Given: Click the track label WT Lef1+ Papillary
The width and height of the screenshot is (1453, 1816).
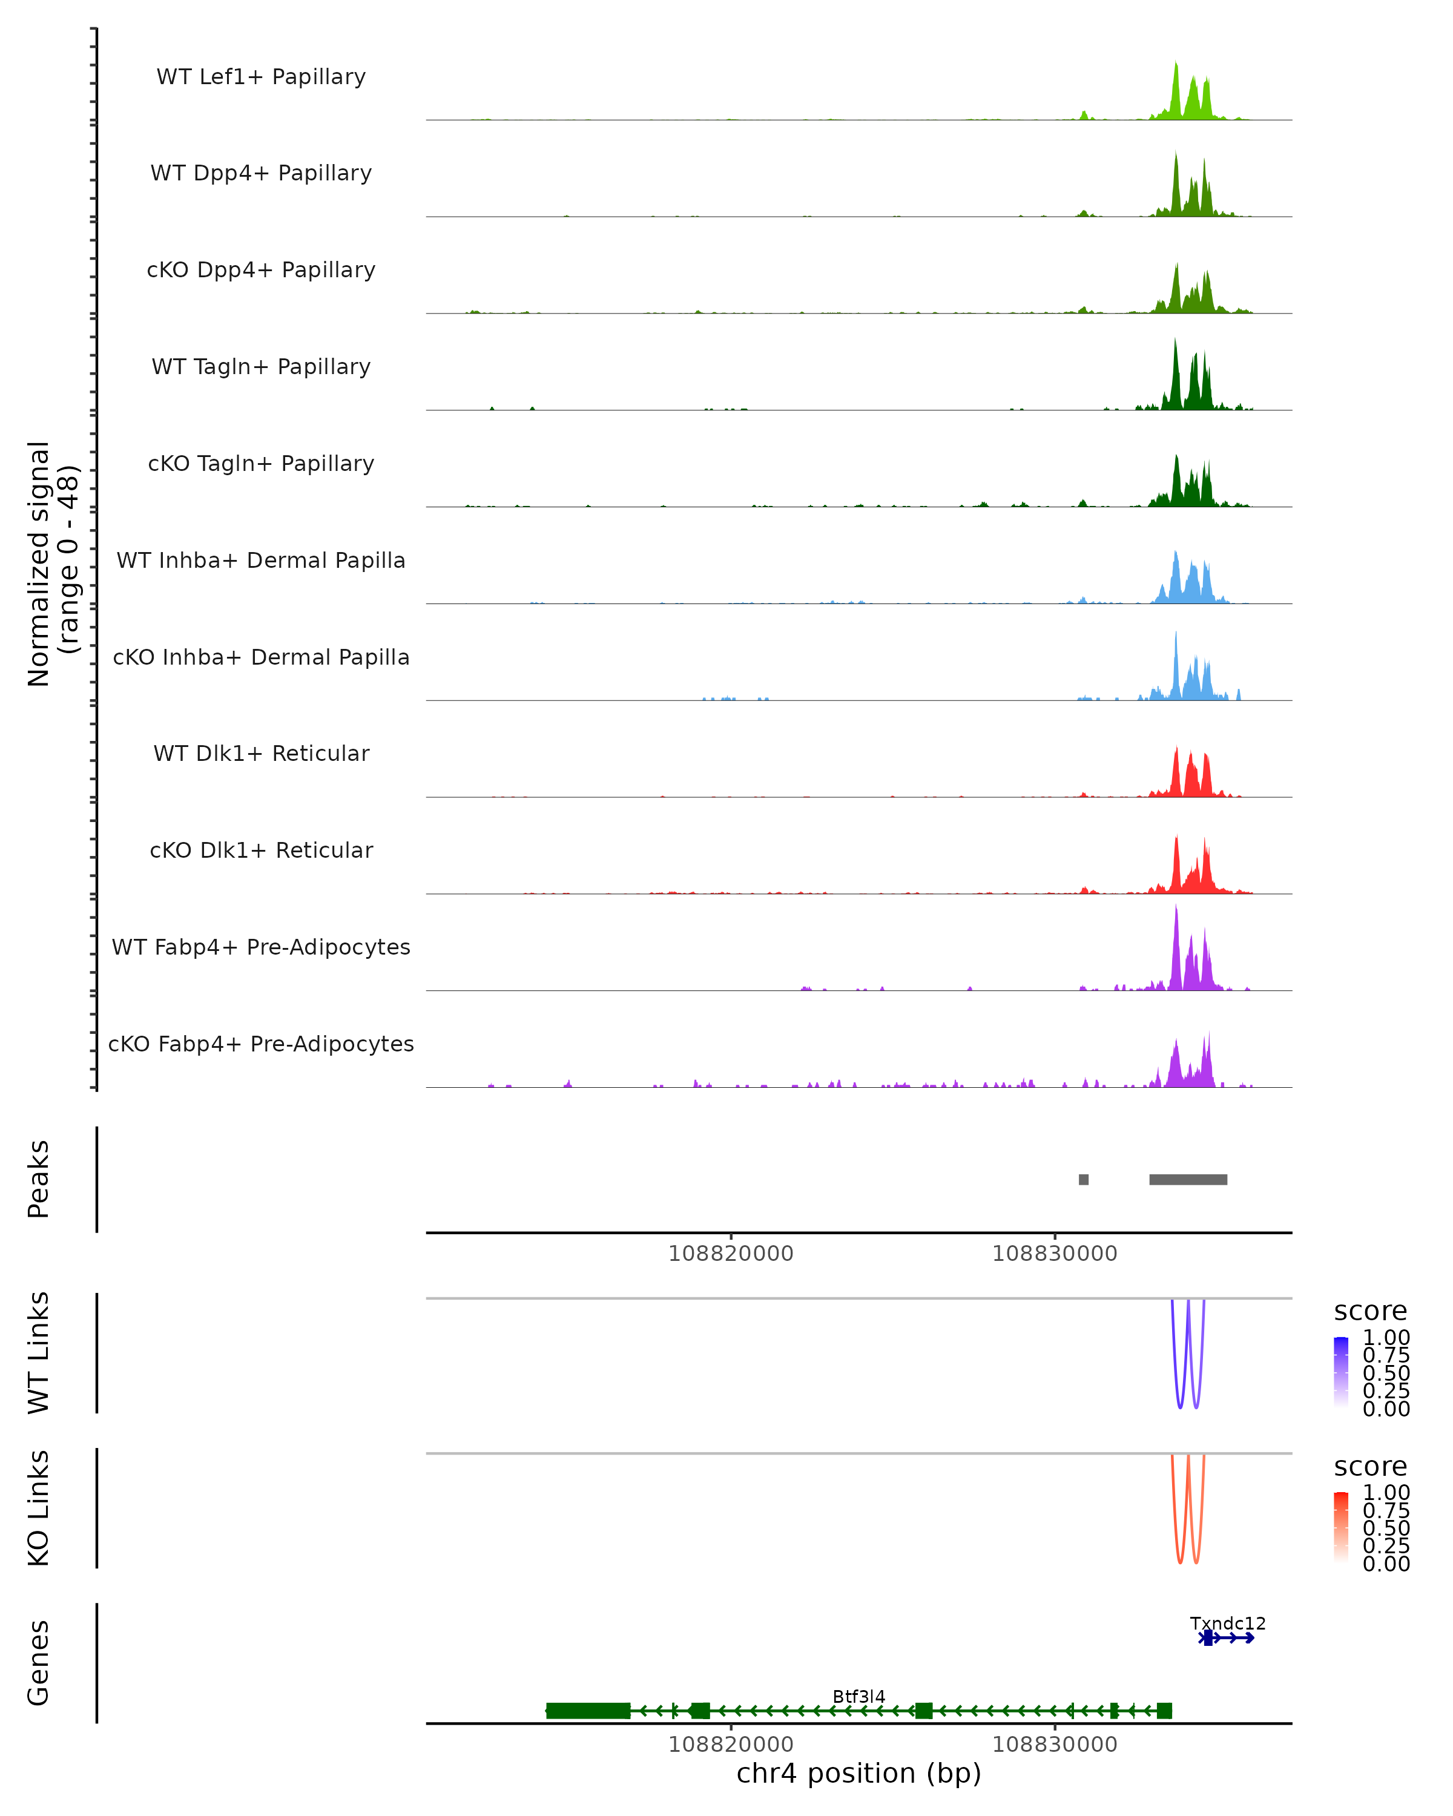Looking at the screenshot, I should click(x=261, y=77).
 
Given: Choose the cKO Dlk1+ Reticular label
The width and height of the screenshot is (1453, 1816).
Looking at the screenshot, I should click(x=261, y=850).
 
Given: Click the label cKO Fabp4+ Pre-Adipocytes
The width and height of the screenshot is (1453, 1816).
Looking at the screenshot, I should click(x=261, y=1044).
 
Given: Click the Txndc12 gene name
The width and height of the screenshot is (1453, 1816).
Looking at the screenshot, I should click(x=1227, y=1623).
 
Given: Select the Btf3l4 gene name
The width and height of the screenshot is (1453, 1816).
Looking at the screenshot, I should click(x=858, y=1696).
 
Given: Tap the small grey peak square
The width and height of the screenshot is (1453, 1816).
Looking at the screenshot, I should click(x=1083, y=1179).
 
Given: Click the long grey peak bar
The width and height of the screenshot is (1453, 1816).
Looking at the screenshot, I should click(x=1188, y=1179).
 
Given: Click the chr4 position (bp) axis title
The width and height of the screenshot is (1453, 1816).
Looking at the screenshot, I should click(x=858, y=1773).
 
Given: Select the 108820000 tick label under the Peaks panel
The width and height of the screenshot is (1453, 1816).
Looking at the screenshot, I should click(x=730, y=1254).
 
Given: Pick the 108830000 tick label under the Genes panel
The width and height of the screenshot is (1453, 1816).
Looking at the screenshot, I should click(x=1055, y=1743).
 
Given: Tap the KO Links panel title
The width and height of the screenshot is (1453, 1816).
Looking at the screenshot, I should click(x=39, y=1508).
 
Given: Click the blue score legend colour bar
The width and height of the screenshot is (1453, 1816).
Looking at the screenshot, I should click(x=1341, y=1371).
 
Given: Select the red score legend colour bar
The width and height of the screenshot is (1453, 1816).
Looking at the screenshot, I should click(x=1341, y=1527).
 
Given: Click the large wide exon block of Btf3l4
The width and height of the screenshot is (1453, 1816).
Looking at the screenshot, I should click(x=588, y=1711).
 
